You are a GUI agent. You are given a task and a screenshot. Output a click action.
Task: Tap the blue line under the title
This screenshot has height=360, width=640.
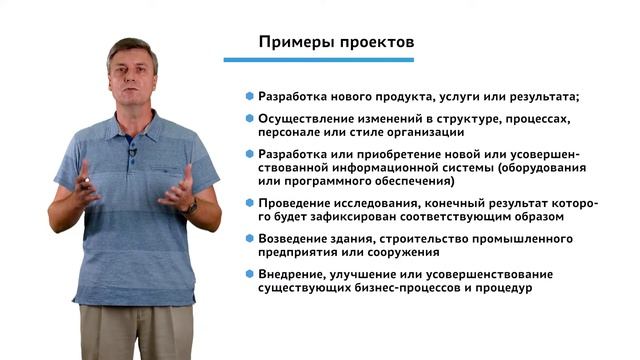(331, 60)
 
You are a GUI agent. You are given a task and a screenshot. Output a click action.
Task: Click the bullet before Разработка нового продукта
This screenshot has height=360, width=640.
(249, 97)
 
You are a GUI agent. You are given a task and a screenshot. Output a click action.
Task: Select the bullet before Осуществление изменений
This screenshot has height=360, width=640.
(249, 118)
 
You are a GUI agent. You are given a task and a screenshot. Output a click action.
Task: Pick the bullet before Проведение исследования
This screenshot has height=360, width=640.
(249, 203)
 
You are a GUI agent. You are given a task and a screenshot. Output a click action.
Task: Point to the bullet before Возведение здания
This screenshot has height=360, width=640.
(249, 239)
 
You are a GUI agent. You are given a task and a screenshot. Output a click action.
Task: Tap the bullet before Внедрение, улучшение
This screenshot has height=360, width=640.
(249, 274)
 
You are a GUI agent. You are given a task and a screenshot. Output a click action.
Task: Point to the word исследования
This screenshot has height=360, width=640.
(378, 203)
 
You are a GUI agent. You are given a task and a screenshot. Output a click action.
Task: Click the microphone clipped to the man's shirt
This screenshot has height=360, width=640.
(132, 151)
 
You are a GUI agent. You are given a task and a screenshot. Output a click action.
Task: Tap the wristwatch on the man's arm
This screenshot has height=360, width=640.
(191, 204)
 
